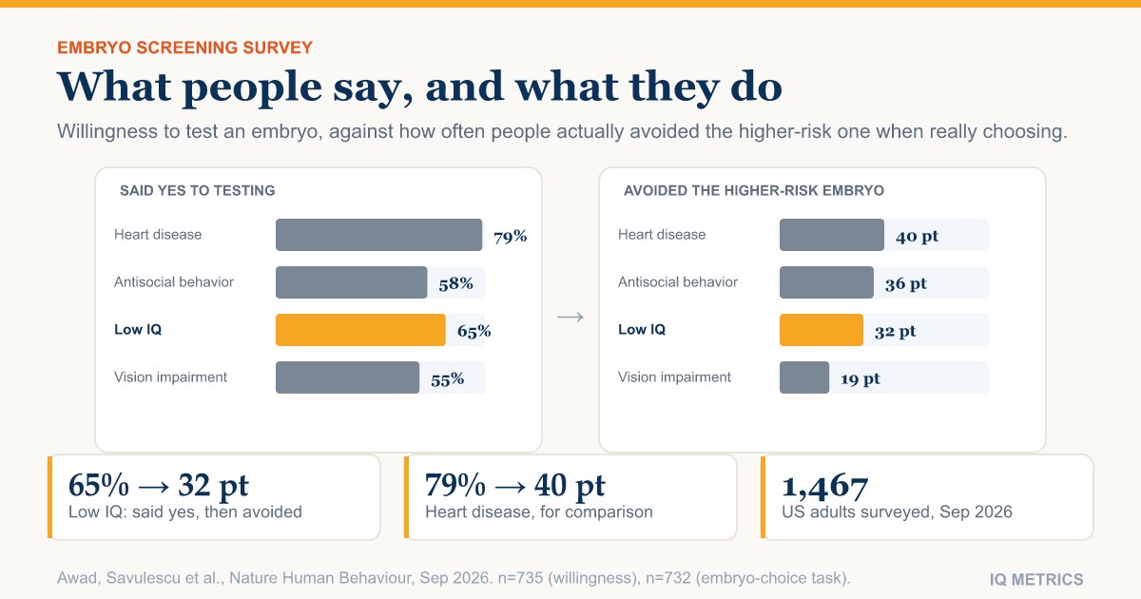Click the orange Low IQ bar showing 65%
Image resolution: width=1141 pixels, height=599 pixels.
click(360, 330)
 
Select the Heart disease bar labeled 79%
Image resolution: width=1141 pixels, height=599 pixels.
click(379, 235)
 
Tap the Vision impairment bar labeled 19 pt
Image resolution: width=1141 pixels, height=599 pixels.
click(804, 377)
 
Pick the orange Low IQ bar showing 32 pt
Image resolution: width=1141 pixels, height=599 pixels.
click(822, 330)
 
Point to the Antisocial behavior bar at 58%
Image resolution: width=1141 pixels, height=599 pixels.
click(352, 282)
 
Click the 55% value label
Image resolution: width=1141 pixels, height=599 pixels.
click(447, 379)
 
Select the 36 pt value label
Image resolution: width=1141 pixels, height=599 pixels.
click(905, 283)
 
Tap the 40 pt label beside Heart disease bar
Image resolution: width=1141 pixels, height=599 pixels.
click(917, 237)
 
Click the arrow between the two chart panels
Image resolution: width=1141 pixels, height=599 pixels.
click(570, 318)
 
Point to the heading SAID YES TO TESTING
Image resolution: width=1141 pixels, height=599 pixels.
click(197, 190)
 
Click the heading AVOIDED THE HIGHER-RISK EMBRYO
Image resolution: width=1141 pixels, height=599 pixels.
click(754, 190)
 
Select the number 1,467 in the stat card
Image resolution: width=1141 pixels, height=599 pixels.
click(824, 486)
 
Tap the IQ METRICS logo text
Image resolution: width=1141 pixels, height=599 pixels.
click(1036, 579)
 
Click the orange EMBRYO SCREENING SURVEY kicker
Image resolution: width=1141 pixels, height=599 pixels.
click(184, 48)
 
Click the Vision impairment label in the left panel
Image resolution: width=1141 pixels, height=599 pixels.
click(170, 377)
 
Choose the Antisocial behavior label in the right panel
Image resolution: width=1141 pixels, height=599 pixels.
click(677, 281)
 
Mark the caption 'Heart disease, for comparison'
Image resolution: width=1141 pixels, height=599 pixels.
click(539, 512)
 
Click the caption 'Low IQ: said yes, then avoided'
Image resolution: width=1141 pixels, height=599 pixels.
click(184, 512)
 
